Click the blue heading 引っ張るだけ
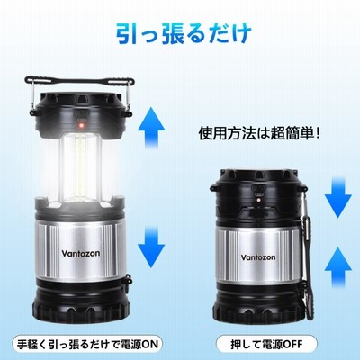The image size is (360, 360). [184, 34]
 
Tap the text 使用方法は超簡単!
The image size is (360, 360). [259, 133]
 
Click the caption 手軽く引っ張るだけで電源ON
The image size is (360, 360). [87, 344]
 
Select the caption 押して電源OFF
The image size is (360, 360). [266, 344]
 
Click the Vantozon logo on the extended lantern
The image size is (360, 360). [81, 253]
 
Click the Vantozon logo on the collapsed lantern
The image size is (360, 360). [258, 257]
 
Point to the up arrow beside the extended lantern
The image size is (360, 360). [151, 129]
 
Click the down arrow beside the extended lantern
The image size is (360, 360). [151, 247]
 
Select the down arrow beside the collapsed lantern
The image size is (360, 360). [338, 197]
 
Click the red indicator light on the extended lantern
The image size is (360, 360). [81, 125]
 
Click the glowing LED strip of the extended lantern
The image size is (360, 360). [80, 168]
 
